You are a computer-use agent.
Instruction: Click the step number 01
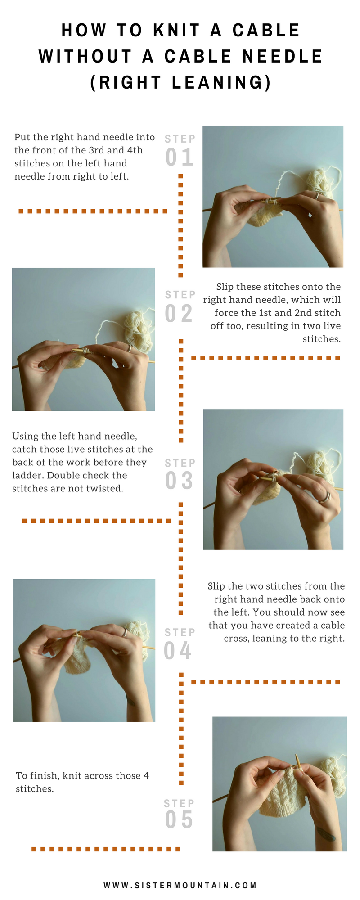180,157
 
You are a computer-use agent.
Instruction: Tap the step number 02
179,313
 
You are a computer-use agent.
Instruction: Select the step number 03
179,481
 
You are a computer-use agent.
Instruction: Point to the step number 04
178,651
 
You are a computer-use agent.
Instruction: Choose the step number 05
179,819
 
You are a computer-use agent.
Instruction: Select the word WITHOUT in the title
85,57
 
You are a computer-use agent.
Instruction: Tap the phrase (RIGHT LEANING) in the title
180,83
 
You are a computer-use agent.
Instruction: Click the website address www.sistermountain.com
180,885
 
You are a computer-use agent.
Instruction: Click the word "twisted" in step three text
107,488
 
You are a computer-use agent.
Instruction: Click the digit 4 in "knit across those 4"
146,776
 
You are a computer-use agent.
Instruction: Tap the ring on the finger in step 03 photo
325,497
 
